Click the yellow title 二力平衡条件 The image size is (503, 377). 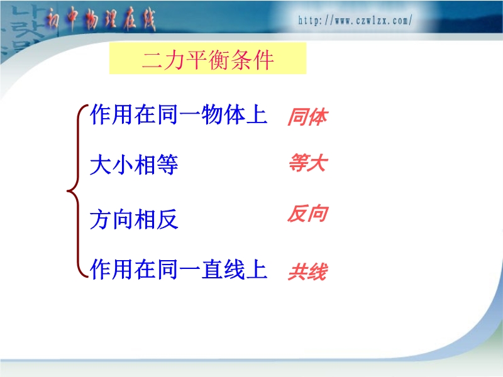click(x=207, y=59)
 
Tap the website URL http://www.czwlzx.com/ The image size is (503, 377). click(x=355, y=21)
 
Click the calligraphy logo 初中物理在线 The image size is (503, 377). click(x=100, y=19)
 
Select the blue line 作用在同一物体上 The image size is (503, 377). click(x=179, y=114)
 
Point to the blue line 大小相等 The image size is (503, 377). click(x=134, y=165)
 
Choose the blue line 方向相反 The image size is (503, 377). click(x=134, y=219)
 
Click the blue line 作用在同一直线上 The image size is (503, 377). click(x=179, y=269)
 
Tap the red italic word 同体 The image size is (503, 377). click(x=307, y=117)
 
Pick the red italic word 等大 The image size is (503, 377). click(x=307, y=163)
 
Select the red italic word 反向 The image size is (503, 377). click(x=307, y=214)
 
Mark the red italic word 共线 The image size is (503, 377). click(x=307, y=272)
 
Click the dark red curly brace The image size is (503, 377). click(x=77, y=191)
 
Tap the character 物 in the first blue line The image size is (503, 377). click(x=212, y=114)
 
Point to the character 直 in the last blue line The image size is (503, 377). click(x=212, y=269)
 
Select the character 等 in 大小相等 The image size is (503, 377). click(x=167, y=165)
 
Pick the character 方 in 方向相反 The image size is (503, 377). click(x=101, y=219)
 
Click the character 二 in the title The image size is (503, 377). click(x=152, y=60)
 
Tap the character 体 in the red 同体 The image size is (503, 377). click(x=318, y=117)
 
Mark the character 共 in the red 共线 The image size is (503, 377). click(x=297, y=272)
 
